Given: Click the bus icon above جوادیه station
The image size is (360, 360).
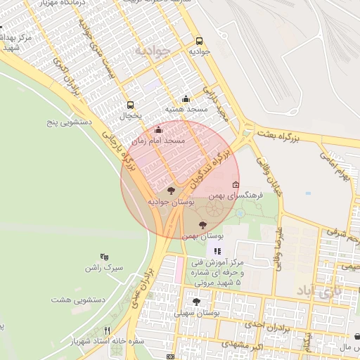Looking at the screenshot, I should (x=199, y=41).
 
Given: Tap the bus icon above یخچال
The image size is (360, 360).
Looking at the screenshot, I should (x=129, y=105).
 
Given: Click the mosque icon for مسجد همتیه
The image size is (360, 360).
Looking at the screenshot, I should (x=186, y=99).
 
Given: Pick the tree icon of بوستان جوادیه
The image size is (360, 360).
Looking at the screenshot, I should (x=171, y=191).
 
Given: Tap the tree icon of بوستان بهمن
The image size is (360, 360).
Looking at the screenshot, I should (x=202, y=225).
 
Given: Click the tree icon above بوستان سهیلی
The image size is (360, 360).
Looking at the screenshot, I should (x=196, y=302).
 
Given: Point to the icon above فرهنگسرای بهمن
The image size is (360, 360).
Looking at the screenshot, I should (x=236, y=184).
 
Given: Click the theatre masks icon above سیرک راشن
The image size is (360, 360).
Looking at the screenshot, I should (x=105, y=257).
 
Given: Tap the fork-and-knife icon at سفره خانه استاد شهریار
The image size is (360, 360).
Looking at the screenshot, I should (x=108, y=330).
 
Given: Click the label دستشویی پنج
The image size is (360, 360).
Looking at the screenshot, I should (x=70, y=122).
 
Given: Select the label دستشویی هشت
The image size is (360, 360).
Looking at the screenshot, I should (x=78, y=300).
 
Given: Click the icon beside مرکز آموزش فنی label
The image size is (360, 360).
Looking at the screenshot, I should (x=217, y=251).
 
